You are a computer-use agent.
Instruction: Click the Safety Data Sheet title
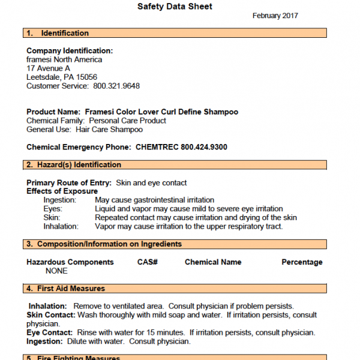(x=175, y=7)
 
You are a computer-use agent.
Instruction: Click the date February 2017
(x=275, y=16)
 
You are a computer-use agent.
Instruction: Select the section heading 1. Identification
(x=58, y=33)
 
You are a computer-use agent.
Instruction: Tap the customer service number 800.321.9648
(x=116, y=86)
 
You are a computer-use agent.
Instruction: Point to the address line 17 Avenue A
(x=48, y=68)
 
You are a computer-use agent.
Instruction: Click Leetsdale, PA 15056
(x=62, y=77)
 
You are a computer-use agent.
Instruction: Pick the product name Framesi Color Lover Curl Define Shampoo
(x=161, y=112)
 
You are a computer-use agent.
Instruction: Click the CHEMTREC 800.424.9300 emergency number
(x=181, y=147)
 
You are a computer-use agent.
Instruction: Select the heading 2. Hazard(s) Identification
(x=74, y=165)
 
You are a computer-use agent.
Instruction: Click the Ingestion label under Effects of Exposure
(x=60, y=200)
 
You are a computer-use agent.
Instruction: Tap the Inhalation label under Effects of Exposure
(x=61, y=226)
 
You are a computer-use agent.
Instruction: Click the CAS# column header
(x=147, y=262)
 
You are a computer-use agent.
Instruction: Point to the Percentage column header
(x=302, y=262)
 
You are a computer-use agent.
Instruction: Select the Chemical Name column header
(x=213, y=262)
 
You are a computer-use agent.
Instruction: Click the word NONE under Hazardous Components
(x=56, y=271)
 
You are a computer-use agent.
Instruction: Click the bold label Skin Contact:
(x=51, y=315)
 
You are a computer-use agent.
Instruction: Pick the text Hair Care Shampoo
(x=109, y=130)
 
